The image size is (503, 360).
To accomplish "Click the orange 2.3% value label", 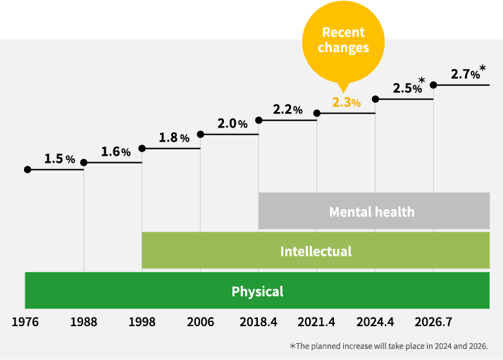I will pyautogui.click(x=346, y=102).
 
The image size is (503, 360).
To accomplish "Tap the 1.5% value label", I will pyautogui.click(x=59, y=159).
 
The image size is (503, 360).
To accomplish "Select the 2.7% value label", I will pyautogui.click(x=465, y=74).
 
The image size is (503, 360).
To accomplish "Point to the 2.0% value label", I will pyautogui.click(x=232, y=123).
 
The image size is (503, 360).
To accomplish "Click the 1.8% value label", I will pyautogui.click(x=173, y=137).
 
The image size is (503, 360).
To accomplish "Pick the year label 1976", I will pyautogui.click(x=25, y=322).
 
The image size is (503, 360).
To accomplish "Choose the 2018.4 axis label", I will pyautogui.click(x=259, y=322).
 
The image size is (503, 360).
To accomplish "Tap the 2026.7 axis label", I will pyautogui.click(x=433, y=322).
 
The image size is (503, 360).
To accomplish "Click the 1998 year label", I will pyautogui.click(x=142, y=322).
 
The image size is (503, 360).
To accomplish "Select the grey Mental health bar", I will pyautogui.click(x=373, y=211).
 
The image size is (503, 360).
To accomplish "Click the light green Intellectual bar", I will pyautogui.click(x=316, y=251).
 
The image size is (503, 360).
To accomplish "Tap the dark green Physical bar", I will pyautogui.click(x=257, y=291).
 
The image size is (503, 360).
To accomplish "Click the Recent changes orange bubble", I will pyautogui.click(x=343, y=40).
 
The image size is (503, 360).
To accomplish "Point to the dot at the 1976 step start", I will pyautogui.click(x=27, y=170).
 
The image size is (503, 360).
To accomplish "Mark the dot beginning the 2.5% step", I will pyautogui.click(x=375, y=99).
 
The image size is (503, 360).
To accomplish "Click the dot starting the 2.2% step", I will pyautogui.click(x=259, y=120).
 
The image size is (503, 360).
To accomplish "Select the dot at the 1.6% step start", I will pyautogui.click(x=84, y=163).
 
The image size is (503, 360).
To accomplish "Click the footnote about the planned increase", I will pyautogui.click(x=388, y=346).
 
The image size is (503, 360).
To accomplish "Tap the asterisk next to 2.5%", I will pyautogui.click(x=421, y=81).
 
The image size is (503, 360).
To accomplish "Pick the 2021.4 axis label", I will pyautogui.click(x=317, y=322).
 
